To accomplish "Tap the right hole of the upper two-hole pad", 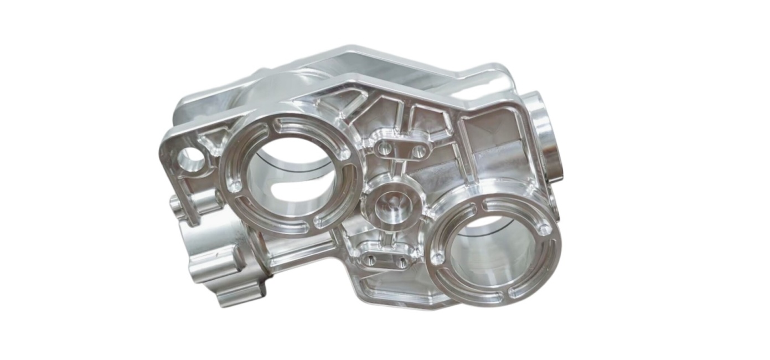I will click(x=419, y=151).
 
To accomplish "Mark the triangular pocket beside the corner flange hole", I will click(x=214, y=141).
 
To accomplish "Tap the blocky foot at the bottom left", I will click(x=238, y=288).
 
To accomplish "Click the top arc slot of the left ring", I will click(x=302, y=125).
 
